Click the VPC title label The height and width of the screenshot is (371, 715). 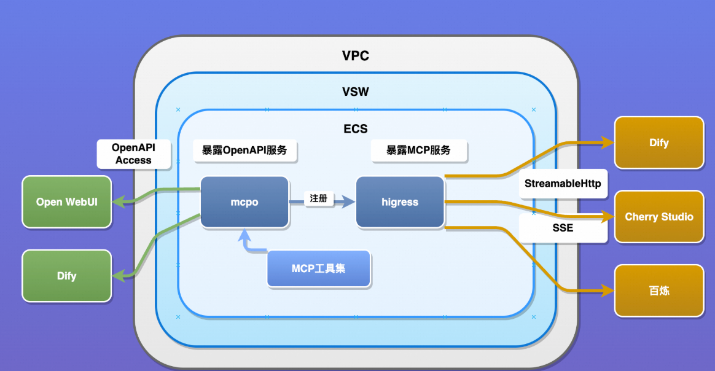pos(355,57)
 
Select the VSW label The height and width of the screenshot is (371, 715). pos(355,92)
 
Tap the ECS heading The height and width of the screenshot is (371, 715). pos(355,129)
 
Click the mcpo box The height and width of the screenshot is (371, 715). pos(244,202)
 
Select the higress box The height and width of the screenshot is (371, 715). pos(400,202)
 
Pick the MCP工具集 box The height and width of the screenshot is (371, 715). pos(318,268)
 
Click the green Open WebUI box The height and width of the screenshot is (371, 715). pos(66,201)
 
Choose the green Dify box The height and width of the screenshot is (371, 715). pos(66,276)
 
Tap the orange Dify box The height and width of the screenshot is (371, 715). pos(658,143)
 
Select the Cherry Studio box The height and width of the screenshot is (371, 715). pos(658,216)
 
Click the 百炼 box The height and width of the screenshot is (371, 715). pos(658,291)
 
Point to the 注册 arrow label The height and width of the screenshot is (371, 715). pos(318,198)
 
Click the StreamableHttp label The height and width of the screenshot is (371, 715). pos(563,184)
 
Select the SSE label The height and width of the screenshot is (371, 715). pos(563,228)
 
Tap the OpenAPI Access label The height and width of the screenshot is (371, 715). pos(133,154)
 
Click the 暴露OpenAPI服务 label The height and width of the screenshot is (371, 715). pos(244,150)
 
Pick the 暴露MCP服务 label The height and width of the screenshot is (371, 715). pos(418,150)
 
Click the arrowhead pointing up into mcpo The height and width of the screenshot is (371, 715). pos(244,234)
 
